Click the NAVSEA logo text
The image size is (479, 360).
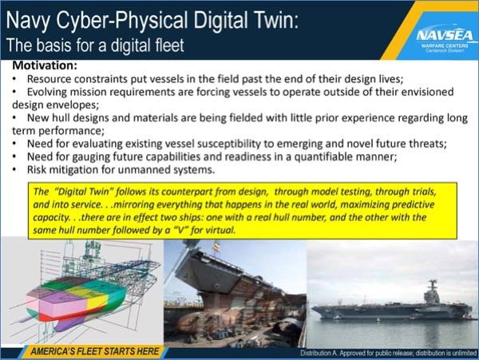coord(445,35)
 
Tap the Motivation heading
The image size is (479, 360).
coord(45,65)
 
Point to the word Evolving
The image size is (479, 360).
coord(46,92)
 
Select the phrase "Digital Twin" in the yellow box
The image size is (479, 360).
coord(84,192)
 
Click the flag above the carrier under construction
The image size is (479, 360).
coord(216,246)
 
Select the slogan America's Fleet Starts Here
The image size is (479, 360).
coord(95,351)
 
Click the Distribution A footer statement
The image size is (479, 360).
coord(388,354)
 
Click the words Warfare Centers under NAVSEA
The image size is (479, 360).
coord(445,45)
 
